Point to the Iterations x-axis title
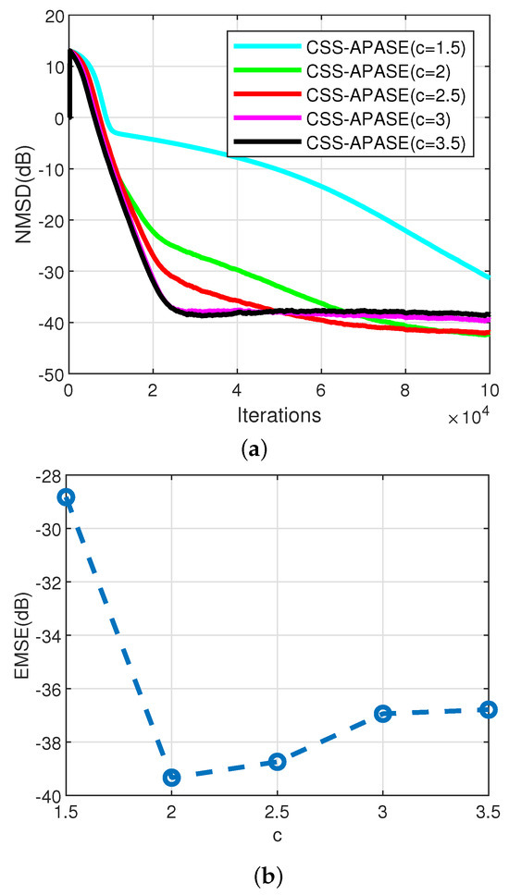click(278, 415)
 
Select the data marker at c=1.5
click(67, 497)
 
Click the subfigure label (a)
click(254, 450)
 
